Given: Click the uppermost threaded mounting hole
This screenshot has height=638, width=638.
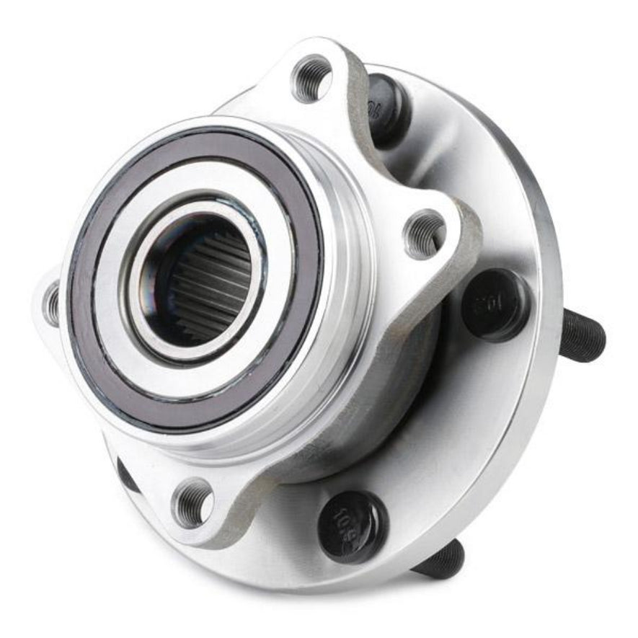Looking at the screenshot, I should [x=311, y=77].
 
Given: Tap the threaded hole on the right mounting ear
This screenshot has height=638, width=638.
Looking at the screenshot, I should [x=425, y=233].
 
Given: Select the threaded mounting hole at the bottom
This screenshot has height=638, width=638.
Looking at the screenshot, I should [x=192, y=503].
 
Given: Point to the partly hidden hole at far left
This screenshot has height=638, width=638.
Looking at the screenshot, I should [x=52, y=304].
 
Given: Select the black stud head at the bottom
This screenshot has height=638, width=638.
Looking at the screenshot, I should [x=353, y=526].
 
